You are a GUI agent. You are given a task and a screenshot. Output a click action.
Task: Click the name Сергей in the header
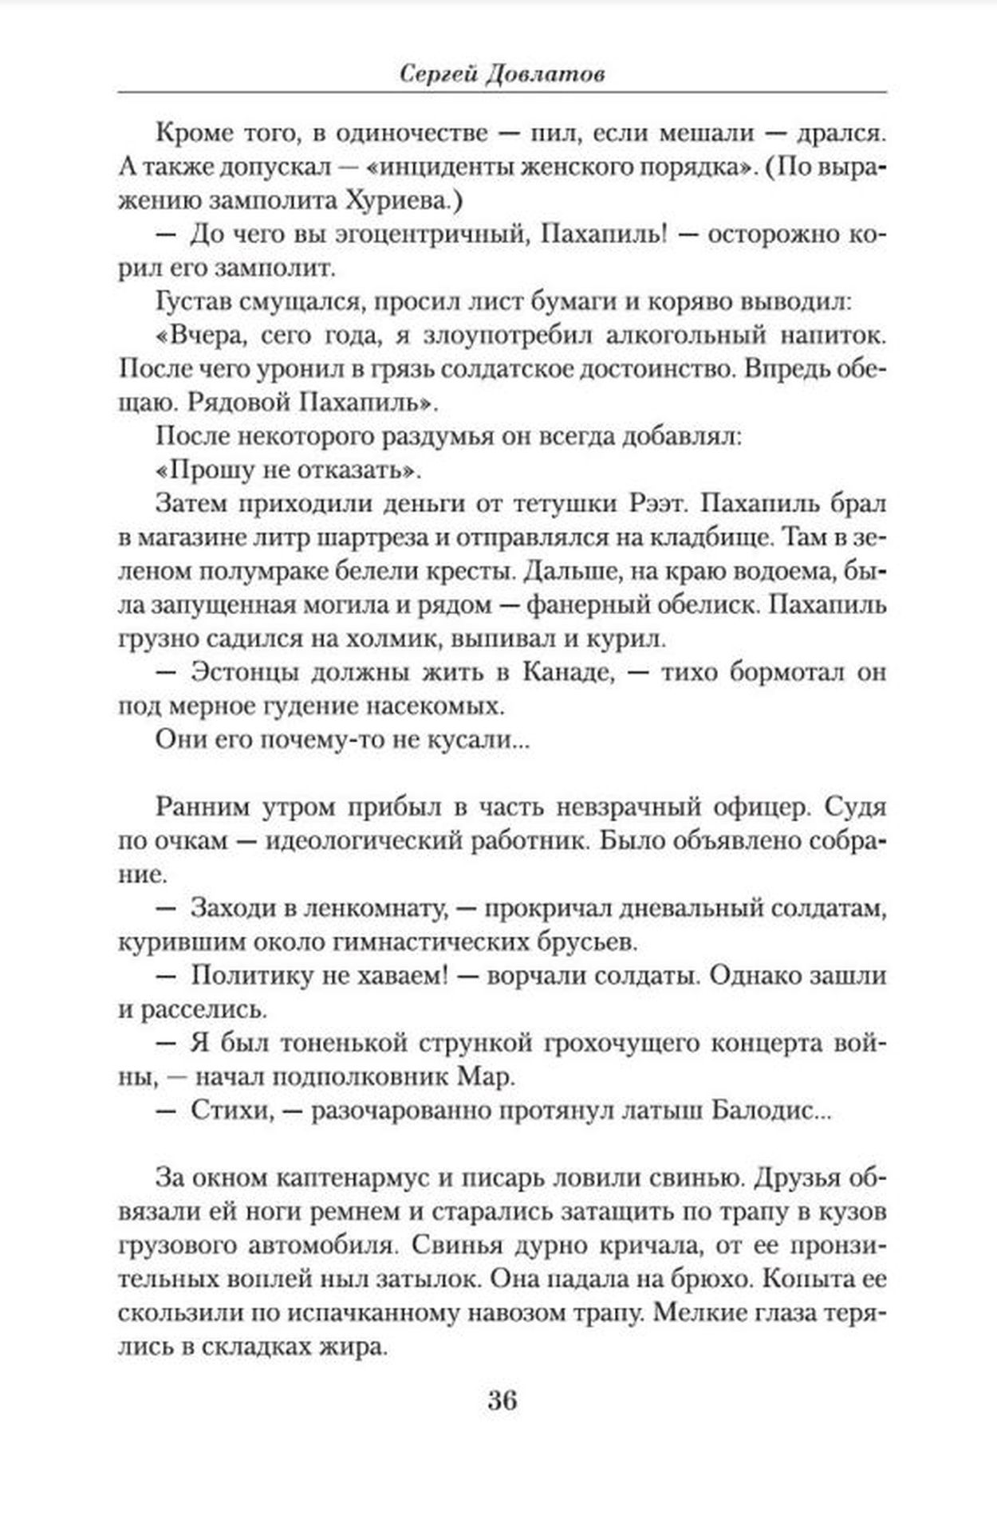click(x=435, y=74)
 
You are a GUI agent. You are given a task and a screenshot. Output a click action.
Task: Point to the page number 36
click(x=502, y=1400)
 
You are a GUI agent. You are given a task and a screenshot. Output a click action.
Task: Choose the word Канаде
click(x=569, y=672)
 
